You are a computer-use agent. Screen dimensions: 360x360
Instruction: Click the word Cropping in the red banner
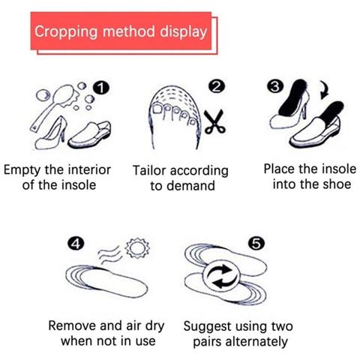point(66,32)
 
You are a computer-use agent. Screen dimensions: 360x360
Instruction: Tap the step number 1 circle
point(100,88)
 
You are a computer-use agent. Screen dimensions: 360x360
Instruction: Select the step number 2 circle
point(217,86)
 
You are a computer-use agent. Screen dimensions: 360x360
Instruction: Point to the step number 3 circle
point(275,86)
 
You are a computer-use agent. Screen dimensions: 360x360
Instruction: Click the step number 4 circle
point(76,244)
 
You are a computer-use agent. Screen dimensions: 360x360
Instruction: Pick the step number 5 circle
point(256,243)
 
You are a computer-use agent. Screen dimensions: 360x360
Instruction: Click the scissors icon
point(214,122)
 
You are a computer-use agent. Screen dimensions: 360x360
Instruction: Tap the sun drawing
point(137,248)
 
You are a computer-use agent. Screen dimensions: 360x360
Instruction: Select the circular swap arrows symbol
point(221,277)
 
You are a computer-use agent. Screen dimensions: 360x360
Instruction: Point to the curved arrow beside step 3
point(325,91)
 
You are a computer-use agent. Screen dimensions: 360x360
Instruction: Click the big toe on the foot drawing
point(158,109)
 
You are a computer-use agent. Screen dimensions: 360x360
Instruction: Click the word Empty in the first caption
point(22,170)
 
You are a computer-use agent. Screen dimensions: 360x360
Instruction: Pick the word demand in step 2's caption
point(194,186)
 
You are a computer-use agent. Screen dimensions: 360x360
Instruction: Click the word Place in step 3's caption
point(280,169)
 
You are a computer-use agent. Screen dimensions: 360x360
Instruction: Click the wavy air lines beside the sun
point(109,255)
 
